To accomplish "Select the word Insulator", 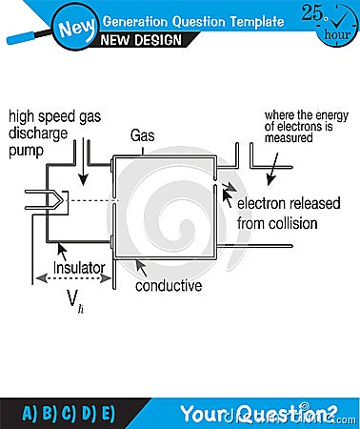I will pos(80,269).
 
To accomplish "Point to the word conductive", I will pos(169,285).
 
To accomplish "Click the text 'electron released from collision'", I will pos(277,213).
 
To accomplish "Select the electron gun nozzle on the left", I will pos(49,200).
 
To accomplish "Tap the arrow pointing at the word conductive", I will pos(141,267).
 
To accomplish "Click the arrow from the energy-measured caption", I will pos(273,168).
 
